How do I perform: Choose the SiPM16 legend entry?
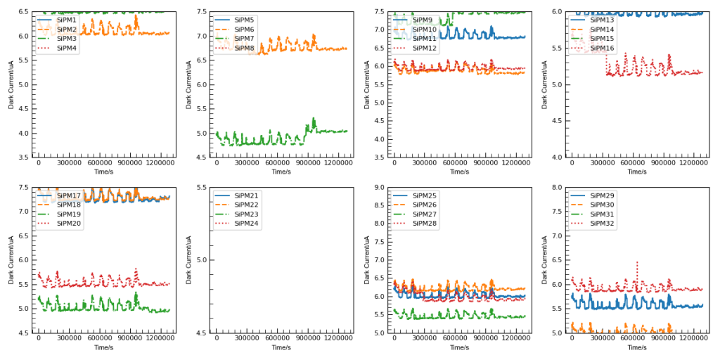pos(601,48)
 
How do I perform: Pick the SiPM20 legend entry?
pos(69,223)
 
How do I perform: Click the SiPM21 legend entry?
pos(246,195)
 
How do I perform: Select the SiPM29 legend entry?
pos(601,195)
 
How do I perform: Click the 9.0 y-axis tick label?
pos(378,188)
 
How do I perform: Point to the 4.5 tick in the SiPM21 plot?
pos(201,333)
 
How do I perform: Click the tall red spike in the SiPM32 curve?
pos(637,264)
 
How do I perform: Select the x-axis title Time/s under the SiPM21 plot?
pos(281,347)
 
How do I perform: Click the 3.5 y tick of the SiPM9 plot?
pos(378,157)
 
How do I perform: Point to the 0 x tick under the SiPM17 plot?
pos(39,339)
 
